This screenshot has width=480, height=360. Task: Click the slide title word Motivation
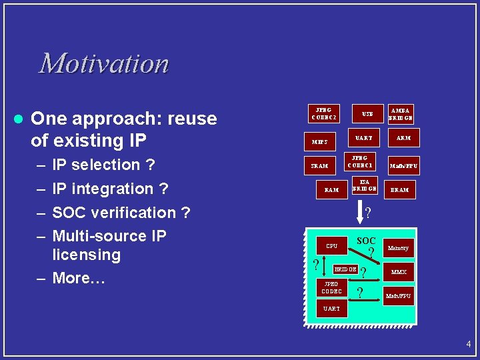(x=104, y=64)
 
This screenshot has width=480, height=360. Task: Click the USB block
(x=368, y=114)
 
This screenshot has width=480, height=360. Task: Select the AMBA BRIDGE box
(x=401, y=114)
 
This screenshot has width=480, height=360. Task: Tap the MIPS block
(x=319, y=141)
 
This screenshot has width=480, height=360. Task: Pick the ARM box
(x=403, y=139)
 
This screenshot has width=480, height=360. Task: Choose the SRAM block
(x=319, y=165)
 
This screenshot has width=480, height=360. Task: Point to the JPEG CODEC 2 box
(x=324, y=114)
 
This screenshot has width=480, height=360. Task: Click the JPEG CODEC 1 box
(x=361, y=162)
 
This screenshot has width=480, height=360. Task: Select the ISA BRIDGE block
(x=364, y=185)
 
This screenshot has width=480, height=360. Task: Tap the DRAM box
(x=399, y=190)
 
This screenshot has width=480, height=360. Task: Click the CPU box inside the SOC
(x=331, y=246)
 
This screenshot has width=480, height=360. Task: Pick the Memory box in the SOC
(x=398, y=248)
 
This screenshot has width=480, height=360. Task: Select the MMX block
(x=399, y=272)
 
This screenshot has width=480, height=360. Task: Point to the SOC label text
(x=366, y=240)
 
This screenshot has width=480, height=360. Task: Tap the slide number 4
(x=468, y=345)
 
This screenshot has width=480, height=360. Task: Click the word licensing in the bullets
(x=86, y=255)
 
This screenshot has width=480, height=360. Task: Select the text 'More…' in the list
(x=79, y=278)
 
